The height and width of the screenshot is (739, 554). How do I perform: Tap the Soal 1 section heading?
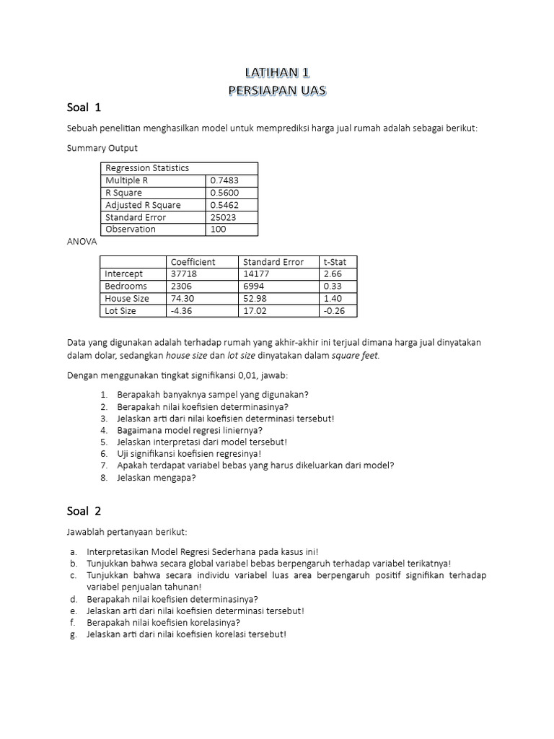pyautogui.click(x=84, y=108)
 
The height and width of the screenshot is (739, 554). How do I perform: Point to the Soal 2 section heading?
pyautogui.click(x=84, y=512)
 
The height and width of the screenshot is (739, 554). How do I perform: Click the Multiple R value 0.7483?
pyautogui.click(x=224, y=180)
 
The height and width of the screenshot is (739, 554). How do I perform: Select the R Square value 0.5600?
pyautogui.click(x=224, y=193)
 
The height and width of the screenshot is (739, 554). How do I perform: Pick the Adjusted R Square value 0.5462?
pyautogui.click(x=224, y=205)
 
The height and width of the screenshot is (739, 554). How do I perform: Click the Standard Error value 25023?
pyautogui.click(x=223, y=217)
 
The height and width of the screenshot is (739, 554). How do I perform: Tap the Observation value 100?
pyautogui.click(x=218, y=229)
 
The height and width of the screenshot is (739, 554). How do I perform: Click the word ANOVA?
pyautogui.click(x=82, y=242)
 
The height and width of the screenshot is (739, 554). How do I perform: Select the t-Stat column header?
pyautogui.click(x=335, y=262)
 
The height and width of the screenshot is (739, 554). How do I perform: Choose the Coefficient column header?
pyautogui.click(x=193, y=262)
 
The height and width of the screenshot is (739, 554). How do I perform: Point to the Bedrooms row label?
pyautogui.click(x=126, y=287)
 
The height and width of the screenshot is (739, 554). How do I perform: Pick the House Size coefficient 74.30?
pyautogui.click(x=183, y=299)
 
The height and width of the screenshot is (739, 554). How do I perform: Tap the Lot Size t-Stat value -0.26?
pyautogui.click(x=335, y=311)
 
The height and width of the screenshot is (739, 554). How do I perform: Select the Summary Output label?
pyautogui.click(x=102, y=149)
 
